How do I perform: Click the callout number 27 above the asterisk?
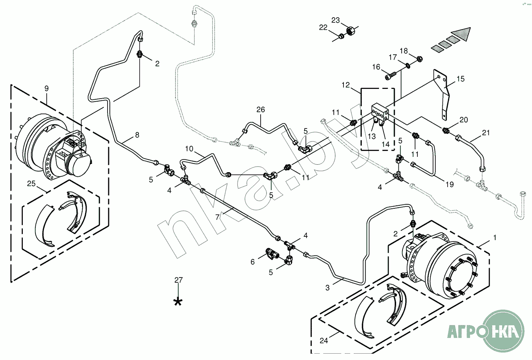coord(178,280)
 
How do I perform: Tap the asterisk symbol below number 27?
coord(178,302)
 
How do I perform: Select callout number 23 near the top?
coord(336,20)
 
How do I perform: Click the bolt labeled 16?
coord(390,76)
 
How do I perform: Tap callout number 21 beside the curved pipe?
coord(486,133)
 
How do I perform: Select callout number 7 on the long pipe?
coord(217,217)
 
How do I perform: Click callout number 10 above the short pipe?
coord(189,149)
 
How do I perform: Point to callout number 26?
coord(261,109)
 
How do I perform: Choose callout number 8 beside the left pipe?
coord(137,135)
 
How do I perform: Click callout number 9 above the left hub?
coord(46,89)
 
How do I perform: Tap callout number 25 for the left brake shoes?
coord(31,183)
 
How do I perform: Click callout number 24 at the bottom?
coord(324,341)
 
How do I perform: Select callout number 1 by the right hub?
coord(495,238)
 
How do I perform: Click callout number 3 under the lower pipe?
coord(327,288)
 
